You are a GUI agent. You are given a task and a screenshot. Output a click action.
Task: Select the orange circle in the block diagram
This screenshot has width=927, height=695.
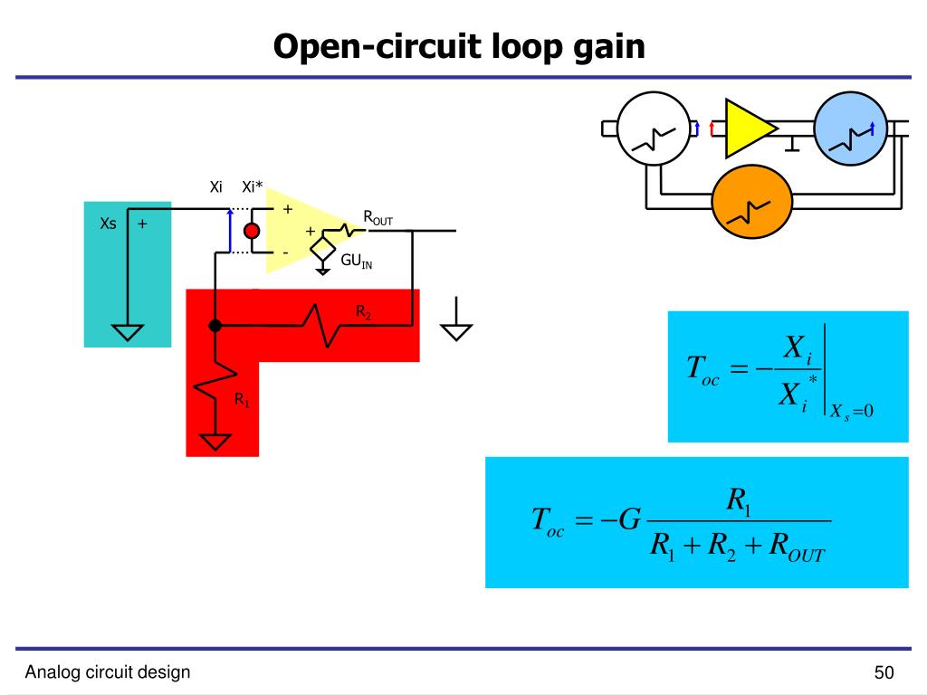[751, 202]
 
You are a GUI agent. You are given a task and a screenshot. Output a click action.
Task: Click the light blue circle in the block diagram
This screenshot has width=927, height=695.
[851, 129]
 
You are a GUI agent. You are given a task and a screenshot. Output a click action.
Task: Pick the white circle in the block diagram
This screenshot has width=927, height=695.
[654, 129]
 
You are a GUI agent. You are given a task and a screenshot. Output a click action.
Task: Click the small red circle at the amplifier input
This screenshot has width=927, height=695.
[252, 231]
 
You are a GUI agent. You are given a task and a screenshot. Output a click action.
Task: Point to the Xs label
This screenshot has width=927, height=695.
[109, 224]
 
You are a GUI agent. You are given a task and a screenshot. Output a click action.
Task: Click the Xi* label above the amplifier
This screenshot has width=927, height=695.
[253, 186]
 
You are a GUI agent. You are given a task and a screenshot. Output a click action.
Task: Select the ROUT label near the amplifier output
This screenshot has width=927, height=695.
[377, 218]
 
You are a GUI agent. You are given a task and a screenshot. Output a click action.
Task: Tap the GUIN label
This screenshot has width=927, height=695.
[357, 261]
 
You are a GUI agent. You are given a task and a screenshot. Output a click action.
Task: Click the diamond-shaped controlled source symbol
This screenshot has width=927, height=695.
[323, 248]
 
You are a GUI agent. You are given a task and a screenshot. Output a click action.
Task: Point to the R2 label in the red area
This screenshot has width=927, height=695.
[364, 312]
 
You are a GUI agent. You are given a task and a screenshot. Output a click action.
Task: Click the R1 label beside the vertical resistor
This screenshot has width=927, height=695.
[243, 400]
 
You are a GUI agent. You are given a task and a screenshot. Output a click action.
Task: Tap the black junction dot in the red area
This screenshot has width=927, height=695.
[215, 325]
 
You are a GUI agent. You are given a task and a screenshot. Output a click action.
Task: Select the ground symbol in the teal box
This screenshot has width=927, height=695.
[128, 333]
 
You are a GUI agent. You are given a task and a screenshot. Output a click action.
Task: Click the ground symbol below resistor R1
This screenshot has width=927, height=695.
[215, 442]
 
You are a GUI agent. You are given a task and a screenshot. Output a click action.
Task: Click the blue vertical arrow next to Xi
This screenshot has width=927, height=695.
[230, 231]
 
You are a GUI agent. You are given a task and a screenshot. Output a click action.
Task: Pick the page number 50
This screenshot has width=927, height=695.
[884, 672]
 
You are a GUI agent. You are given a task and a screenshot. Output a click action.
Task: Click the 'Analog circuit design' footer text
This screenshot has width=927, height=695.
[108, 672]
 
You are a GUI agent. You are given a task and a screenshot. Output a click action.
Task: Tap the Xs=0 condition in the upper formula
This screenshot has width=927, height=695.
[851, 412]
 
